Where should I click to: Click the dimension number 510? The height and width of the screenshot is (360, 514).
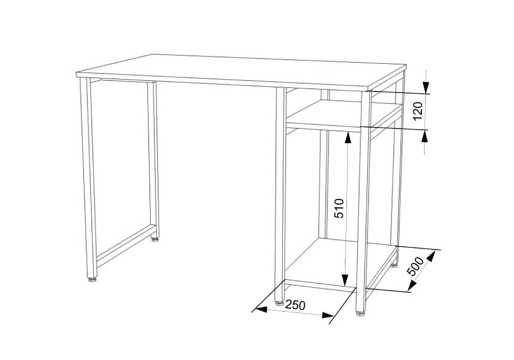pyautogui.click(x=339, y=208)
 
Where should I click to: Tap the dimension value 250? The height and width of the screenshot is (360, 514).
pyautogui.click(x=295, y=305)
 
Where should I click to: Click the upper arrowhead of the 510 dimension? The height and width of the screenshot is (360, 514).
pyautogui.click(x=347, y=138)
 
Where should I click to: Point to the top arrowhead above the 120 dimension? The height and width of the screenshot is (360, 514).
pyautogui.click(x=426, y=87)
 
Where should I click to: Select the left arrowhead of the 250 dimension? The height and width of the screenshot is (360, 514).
pyautogui.click(x=261, y=309)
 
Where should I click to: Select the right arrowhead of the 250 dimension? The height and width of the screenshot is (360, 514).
pyautogui.click(x=327, y=315)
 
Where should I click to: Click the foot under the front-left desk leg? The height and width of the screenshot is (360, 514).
pyautogui.click(x=92, y=280)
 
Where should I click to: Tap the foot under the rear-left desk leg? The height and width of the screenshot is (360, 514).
pyautogui.click(x=154, y=239)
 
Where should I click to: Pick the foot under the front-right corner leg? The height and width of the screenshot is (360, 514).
pyautogui.click(x=361, y=313)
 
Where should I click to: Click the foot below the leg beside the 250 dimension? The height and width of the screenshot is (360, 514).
pyautogui.click(x=279, y=303)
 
